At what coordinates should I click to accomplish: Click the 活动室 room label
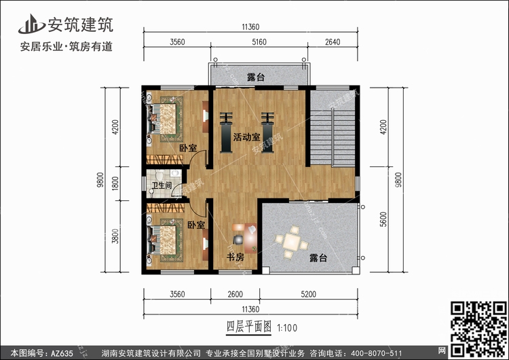[247, 137]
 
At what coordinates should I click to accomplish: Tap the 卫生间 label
[162, 185]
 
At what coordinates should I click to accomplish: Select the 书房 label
[235, 257]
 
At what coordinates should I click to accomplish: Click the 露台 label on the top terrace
[256, 77]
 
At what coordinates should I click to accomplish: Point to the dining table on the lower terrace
[292, 242]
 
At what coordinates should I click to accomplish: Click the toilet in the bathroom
[159, 175]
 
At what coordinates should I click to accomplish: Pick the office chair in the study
[238, 240]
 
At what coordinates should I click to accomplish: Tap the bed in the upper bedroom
[164, 119]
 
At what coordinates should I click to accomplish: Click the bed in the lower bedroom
[164, 240]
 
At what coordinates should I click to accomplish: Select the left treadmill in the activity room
[226, 132]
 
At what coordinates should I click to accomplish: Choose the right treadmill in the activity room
[268, 132]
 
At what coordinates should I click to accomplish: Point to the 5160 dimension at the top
[259, 42]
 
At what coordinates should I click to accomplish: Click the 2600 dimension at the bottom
[235, 294]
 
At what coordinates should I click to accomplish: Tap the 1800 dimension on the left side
[115, 183]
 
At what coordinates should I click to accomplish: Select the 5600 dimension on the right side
[383, 219]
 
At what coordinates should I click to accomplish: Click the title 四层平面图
[248, 327]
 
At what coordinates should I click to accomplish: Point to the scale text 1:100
[287, 328]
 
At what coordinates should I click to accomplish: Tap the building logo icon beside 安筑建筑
[31, 24]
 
